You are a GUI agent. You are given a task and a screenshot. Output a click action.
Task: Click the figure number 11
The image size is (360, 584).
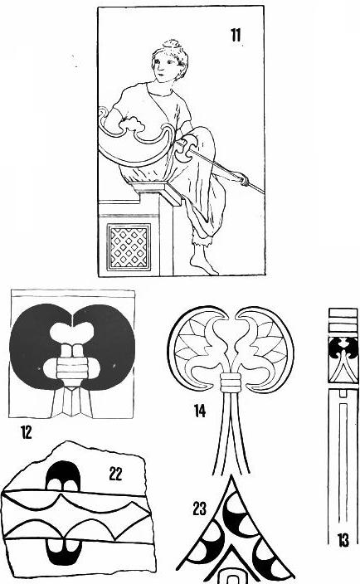(236, 36)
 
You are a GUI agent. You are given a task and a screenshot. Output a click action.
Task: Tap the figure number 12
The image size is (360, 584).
(27, 432)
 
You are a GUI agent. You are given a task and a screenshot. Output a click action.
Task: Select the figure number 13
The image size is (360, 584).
(343, 540)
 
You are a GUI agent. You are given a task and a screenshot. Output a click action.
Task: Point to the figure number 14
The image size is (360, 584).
(200, 411)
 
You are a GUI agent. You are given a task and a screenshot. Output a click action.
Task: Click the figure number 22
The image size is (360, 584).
(115, 474)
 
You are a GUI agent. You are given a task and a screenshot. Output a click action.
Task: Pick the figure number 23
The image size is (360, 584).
(200, 509)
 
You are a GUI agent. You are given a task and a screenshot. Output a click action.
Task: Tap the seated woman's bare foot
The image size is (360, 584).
(202, 264)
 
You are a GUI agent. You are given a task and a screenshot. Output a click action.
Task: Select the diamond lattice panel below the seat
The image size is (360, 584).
(129, 246)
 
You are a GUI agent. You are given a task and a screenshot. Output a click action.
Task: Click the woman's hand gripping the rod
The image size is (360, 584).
(244, 180)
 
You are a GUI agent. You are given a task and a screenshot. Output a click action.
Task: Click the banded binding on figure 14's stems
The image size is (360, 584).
(231, 382)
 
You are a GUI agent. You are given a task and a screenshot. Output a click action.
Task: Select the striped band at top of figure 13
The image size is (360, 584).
(343, 320)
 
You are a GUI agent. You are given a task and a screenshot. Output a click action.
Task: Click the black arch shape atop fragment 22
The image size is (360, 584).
(63, 476)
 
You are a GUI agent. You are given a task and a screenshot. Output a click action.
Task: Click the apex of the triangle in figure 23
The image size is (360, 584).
(231, 475)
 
